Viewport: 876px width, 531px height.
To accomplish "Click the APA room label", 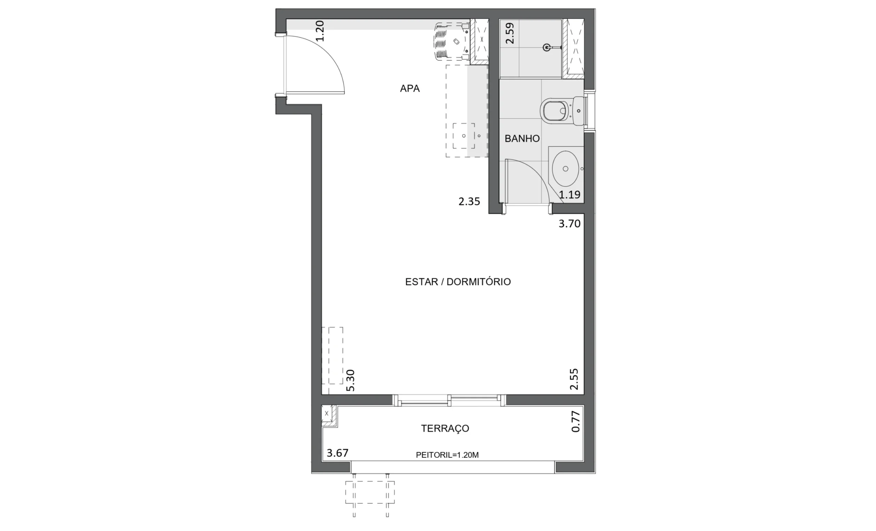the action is click(410, 88).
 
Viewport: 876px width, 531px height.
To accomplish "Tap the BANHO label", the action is click(522, 139).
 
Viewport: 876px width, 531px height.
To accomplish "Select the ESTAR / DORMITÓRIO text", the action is click(458, 282).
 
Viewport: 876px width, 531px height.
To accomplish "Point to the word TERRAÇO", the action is click(445, 429).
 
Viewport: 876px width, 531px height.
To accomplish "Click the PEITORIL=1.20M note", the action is click(447, 455).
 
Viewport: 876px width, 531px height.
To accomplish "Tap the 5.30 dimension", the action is click(350, 380).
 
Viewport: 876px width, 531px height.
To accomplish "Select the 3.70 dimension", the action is click(569, 223).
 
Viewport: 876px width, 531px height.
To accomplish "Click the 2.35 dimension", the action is click(469, 202).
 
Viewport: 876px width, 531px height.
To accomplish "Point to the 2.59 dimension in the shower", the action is click(510, 33).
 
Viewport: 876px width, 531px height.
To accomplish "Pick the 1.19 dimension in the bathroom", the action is click(569, 194).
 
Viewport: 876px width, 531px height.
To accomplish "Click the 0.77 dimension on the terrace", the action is click(576, 422).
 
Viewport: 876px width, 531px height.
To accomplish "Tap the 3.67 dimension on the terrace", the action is click(337, 453).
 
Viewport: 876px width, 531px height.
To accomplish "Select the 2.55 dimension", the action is click(574, 379).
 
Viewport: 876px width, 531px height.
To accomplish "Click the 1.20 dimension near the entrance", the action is click(320, 31).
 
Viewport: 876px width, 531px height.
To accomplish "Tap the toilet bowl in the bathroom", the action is click(555, 111).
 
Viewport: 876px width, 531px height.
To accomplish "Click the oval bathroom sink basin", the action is click(565, 169).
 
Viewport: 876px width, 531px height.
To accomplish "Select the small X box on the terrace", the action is click(327, 414).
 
